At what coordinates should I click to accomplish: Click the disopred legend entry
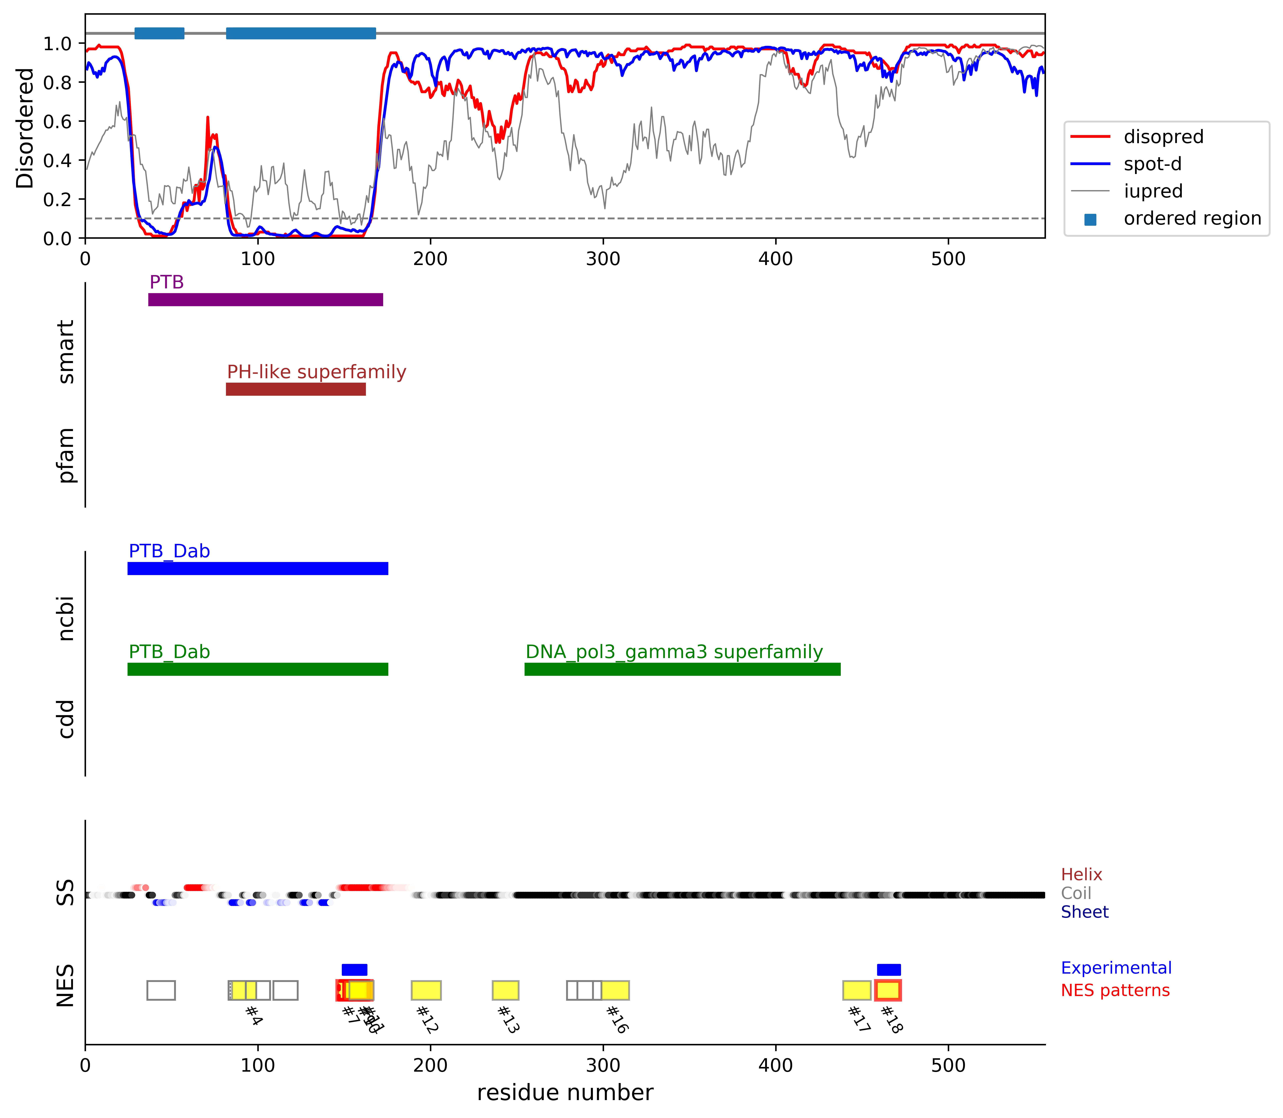coord(1163,137)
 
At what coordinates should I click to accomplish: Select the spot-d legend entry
coord(1152,164)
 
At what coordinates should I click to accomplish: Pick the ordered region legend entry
coord(1192,218)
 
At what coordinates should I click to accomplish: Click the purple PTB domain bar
coord(265,299)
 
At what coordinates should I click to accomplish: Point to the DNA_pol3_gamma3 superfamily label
coord(674,652)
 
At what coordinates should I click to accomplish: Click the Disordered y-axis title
coord(25,128)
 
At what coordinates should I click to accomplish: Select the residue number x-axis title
coord(565,1092)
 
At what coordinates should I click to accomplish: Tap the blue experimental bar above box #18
coord(889,970)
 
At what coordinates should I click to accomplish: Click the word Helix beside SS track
coord(1081,875)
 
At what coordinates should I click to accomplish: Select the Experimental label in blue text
coord(1116,968)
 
